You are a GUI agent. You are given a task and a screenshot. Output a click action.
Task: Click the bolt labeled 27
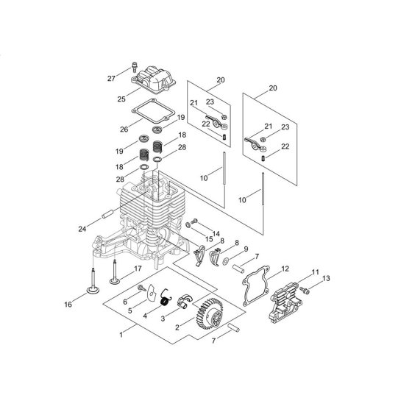pyautogui.click(x=135, y=67)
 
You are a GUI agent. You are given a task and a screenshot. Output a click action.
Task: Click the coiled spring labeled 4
pyautogui.click(x=166, y=299)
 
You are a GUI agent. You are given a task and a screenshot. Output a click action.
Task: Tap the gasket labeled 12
pyautogui.click(x=256, y=285)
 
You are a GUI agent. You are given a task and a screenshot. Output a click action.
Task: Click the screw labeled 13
pyautogui.click(x=305, y=290)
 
